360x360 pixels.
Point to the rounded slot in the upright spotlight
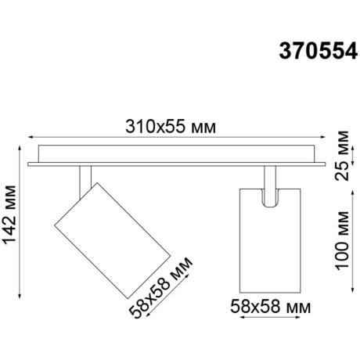[268, 197]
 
